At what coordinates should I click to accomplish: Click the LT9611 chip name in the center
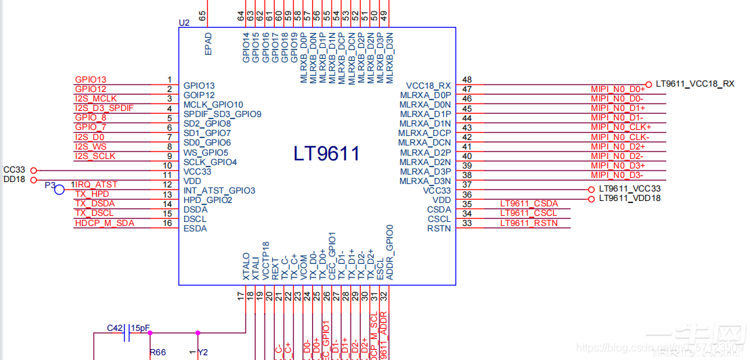[x=326, y=154]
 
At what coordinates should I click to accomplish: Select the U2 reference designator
[x=184, y=22]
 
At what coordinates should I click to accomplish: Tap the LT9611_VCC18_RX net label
[x=695, y=84]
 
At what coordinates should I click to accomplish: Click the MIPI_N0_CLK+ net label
[x=620, y=127]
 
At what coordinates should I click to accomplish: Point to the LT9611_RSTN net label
[x=529, y=223]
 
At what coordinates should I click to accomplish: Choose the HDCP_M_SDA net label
[x=104, y=223]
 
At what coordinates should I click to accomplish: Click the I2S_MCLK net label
[x=95, y=99]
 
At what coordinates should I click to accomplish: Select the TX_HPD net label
[x=91, y=194]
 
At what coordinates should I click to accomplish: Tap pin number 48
[x=467, y=80]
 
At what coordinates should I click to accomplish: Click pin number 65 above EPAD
[x=202, y=14]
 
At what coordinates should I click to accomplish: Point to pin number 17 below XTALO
[x=240, y=296]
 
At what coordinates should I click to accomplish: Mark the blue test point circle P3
[x=60, y=189]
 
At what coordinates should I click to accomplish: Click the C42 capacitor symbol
[x=127, y=332]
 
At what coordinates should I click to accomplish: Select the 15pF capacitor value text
[x=141, y=328]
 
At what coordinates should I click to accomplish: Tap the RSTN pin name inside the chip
[x=439, y=229]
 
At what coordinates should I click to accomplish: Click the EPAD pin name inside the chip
[x=208, y=44]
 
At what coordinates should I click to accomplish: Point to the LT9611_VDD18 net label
[x=630, y=198]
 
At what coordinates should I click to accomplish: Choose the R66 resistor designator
[x=157, y=353]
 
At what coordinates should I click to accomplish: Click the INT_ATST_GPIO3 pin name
[x=219, y=191]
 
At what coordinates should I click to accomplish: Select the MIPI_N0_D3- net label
[x=617, y=175]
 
